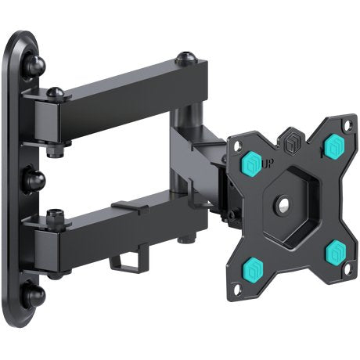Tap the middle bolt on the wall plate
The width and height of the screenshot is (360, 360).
point(36,180)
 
